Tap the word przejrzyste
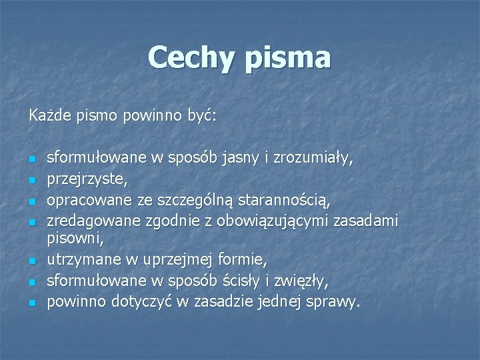coord(84,179)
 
